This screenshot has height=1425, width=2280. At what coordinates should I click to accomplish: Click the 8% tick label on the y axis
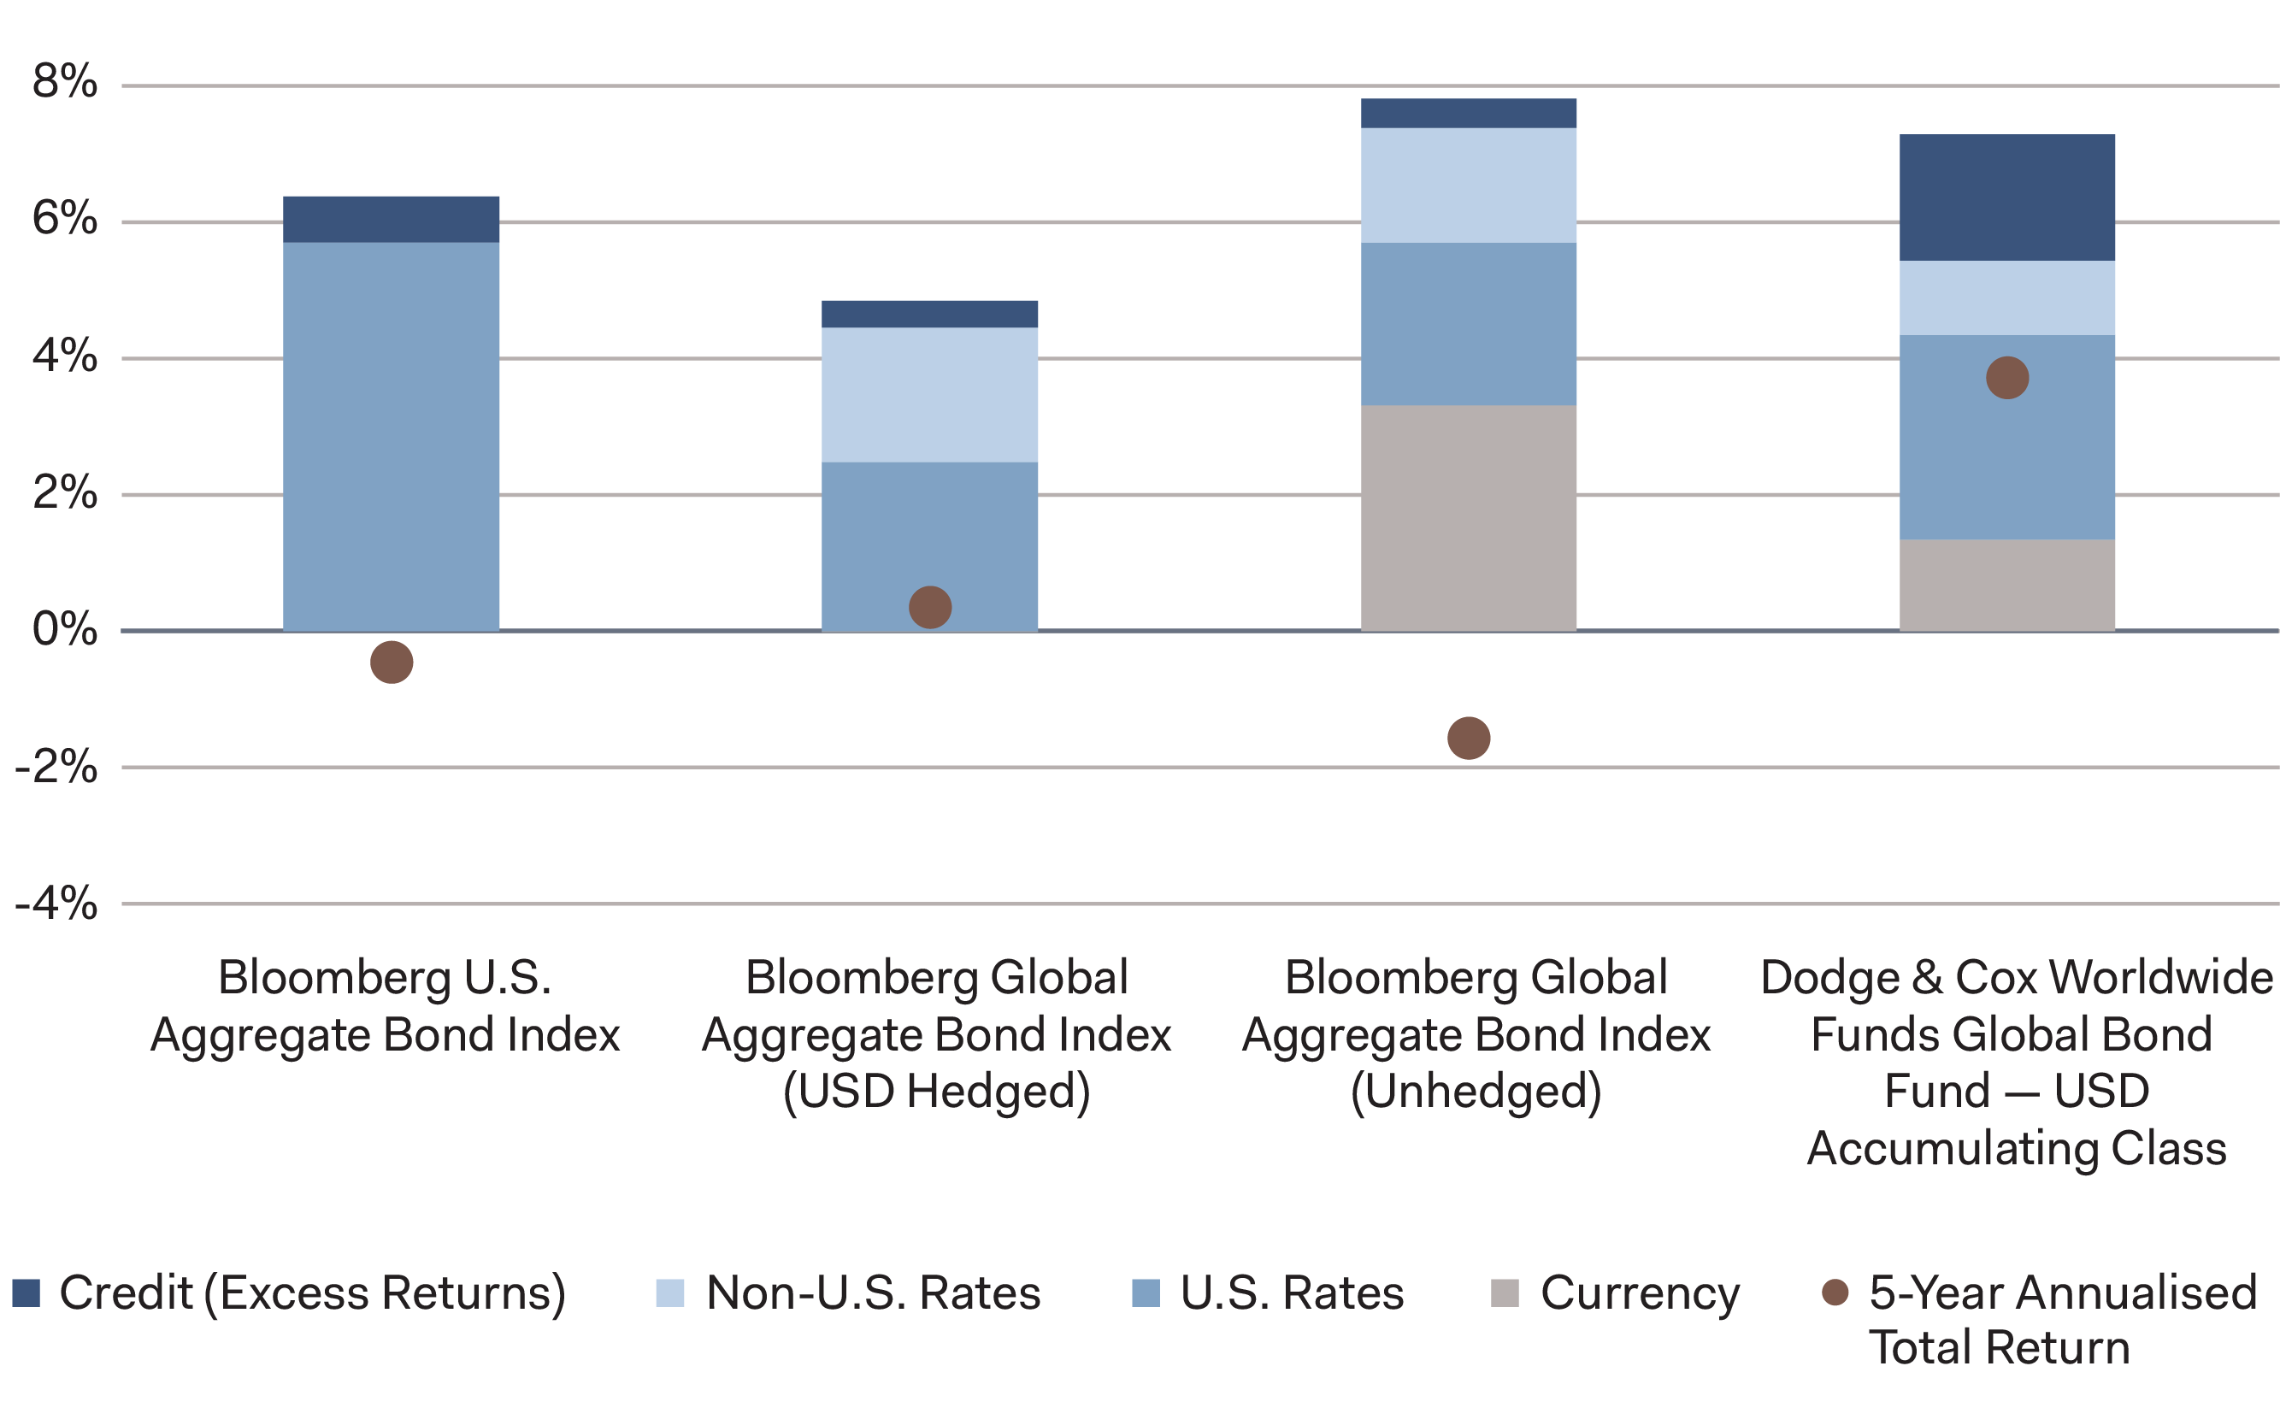(x=64, y=82)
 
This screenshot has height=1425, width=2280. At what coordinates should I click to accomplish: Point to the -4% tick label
(x=56, y=904)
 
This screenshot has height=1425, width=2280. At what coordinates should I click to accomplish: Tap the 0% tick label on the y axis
(x=64, y=629)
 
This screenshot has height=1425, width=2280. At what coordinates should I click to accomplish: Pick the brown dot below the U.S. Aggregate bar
(x=392, y=662)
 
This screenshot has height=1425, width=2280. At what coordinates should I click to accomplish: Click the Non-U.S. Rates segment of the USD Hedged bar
(x=929, y=394)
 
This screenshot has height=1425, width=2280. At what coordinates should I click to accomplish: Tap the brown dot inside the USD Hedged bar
(x=929, y=607)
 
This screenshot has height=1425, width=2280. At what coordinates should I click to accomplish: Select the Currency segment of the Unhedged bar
(x=1468, y=517)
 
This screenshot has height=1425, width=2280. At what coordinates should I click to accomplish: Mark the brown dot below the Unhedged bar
(x=1468, y=738)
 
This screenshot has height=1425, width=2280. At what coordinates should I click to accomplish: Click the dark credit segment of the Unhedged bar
(x=1468, y=113)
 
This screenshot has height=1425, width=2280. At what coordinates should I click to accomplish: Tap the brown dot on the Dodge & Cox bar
(x=2006, y=378)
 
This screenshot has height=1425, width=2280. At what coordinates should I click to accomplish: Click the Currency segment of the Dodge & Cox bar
(x=2006, y=585)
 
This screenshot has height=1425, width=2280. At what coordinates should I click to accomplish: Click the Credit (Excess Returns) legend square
(x=27, y=1293)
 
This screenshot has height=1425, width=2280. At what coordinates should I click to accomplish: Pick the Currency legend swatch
(x=1505, y=1293)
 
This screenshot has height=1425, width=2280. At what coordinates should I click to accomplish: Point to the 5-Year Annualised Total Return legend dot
(x=1835, y=1293)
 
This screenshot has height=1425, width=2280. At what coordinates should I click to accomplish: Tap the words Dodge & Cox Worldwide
(x=2015, y=977)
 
